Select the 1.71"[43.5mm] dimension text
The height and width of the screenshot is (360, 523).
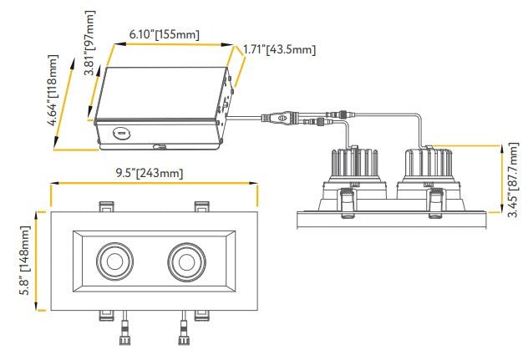(278, 50)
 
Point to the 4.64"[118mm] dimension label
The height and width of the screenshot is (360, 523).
(54, 91)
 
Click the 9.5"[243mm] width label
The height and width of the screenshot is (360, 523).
(150, 173)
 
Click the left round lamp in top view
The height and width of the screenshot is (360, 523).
(112, 260)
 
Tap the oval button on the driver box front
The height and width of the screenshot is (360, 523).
(120, 131)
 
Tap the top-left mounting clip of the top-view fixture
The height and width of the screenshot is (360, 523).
(106, 205)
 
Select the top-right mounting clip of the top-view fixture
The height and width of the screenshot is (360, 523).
(201, 205)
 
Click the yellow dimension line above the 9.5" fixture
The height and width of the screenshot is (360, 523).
(150, 184)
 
